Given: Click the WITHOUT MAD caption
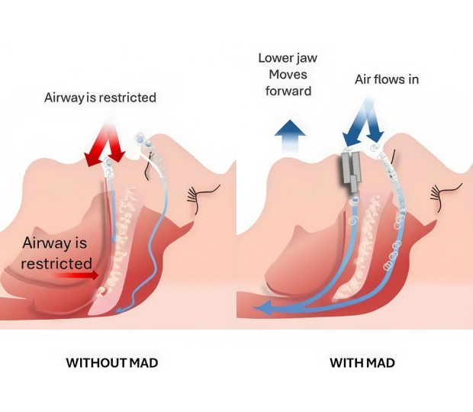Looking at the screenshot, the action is (112, 362).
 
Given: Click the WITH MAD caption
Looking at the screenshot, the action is (362, 362).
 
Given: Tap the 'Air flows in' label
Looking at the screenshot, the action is (387, 79).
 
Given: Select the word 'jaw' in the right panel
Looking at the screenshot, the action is (307, 58).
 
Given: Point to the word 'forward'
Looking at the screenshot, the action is (288, 91).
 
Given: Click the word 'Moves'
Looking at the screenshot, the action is (288, 75).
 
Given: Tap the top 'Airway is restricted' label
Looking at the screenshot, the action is (100, 98).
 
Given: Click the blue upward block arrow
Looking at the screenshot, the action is (290, 135).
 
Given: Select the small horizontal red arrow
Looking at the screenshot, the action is (76, 275).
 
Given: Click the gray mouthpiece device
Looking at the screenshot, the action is (352, 172).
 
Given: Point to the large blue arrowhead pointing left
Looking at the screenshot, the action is (263, 307).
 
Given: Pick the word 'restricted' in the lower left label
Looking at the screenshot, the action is (56, 263).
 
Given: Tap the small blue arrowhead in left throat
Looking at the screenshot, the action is (121, 310).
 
